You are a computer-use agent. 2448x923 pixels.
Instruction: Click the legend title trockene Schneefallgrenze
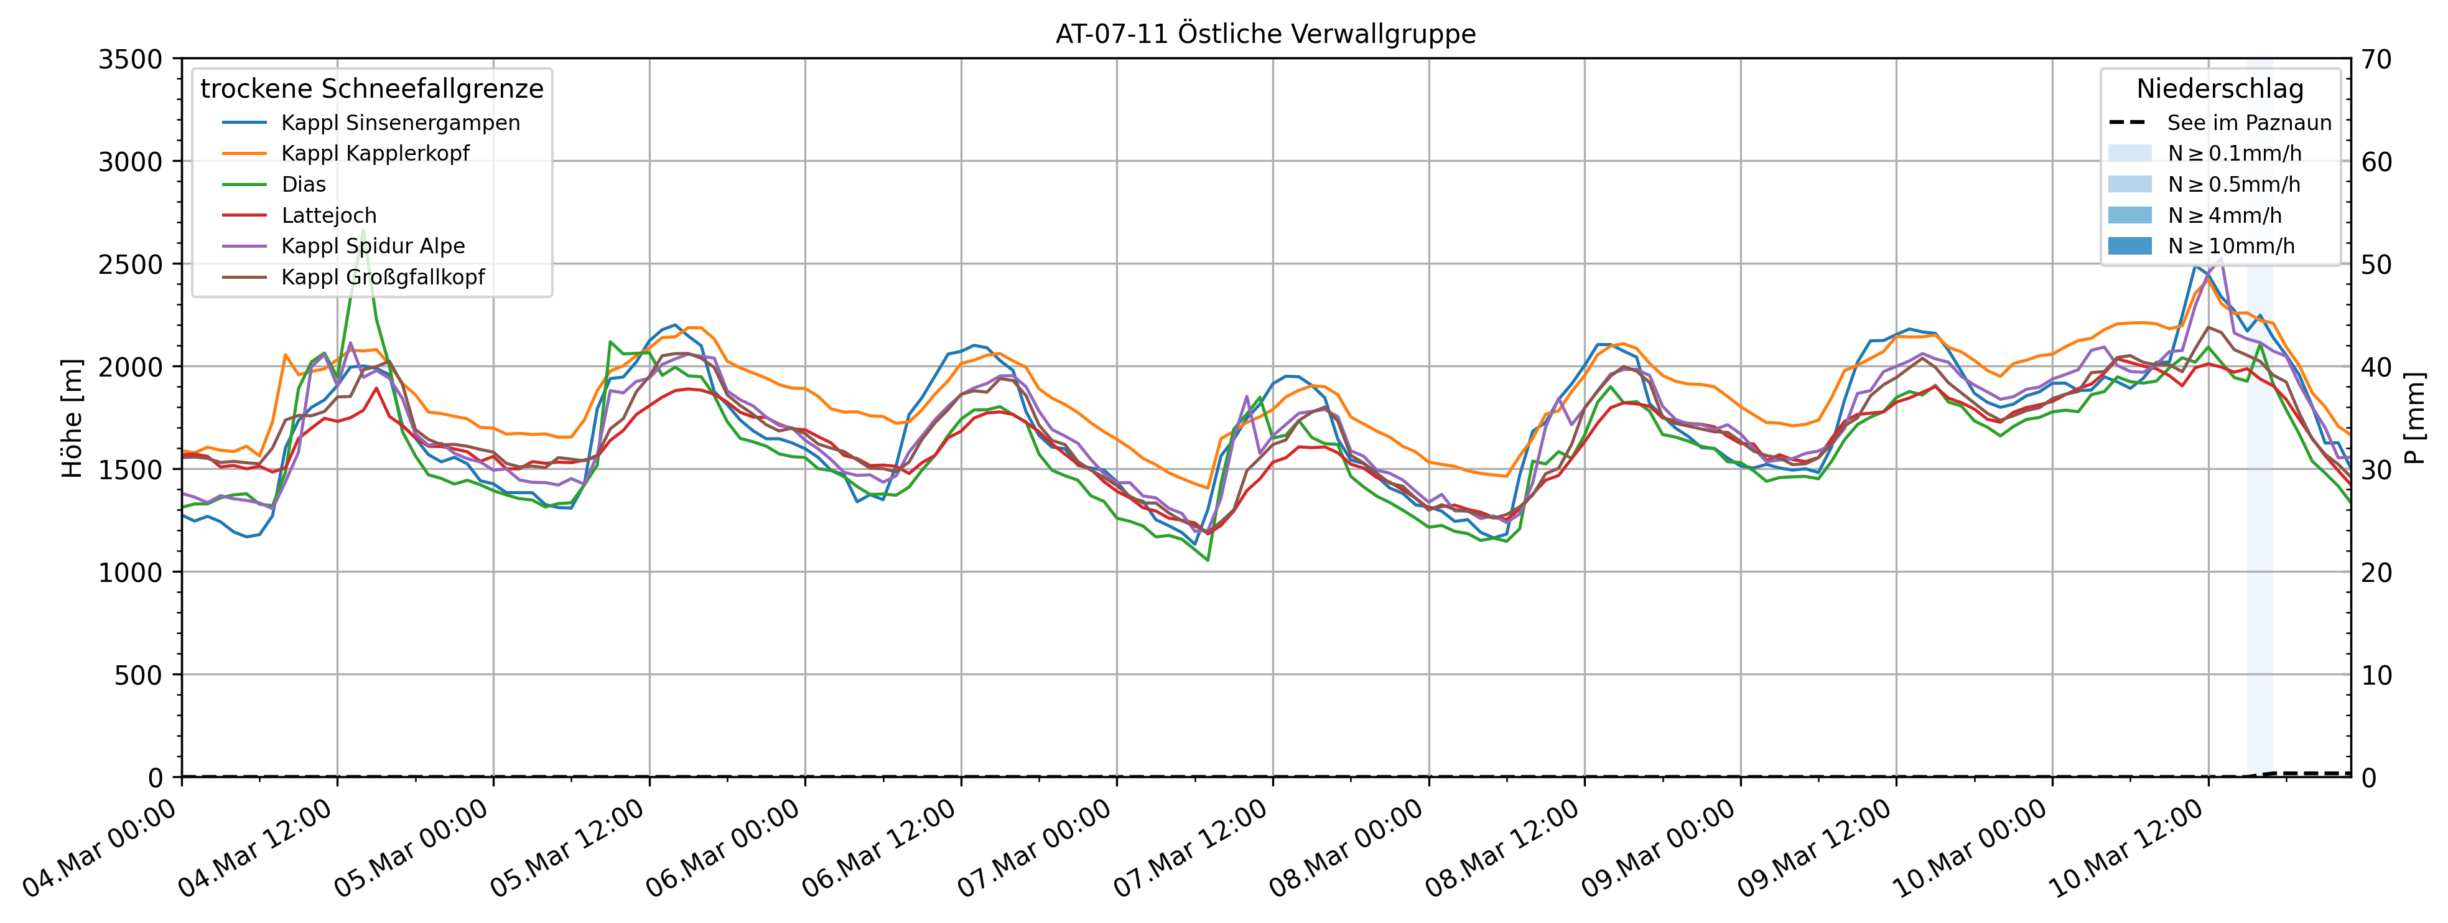pyautogui.click(x=371, y=88)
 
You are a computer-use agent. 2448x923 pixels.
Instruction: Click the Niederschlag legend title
pyautogui.click(x=2220, y=88)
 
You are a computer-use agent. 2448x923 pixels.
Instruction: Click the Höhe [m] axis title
pyautogui.click(x=72, y=418)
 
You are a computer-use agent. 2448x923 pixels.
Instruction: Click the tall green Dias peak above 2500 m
pyautogui.click(x=363, y=231)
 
